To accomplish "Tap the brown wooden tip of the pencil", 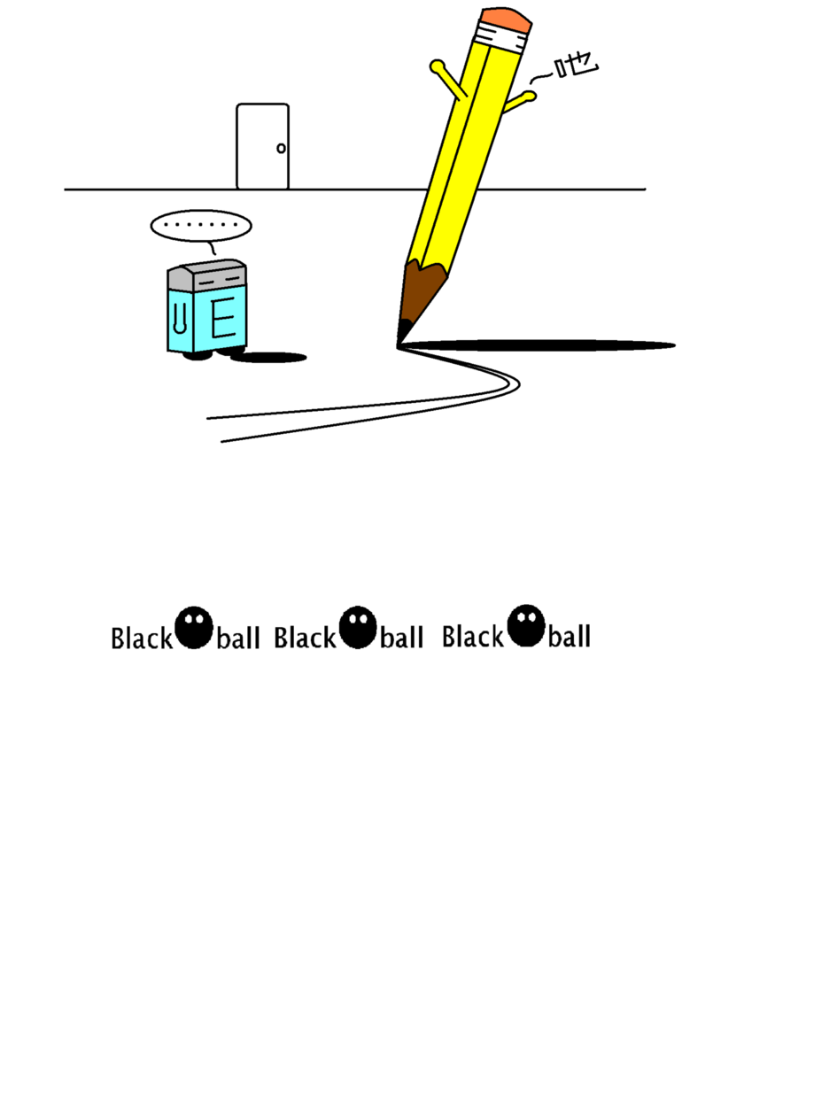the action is click(x=422, y=292).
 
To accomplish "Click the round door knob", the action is click(x=281, y=148).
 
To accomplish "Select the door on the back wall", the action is click(x=262, y=146).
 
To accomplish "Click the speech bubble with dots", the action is click(x=201, y=225).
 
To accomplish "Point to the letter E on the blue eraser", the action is click(x=223, y=317).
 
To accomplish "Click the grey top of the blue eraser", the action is click(x=207, y=275).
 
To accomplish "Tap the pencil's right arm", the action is click(x=520, y=102).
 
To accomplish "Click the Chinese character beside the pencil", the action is click(x=577, y=65).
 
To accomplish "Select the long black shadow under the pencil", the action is click(x=539, y=345).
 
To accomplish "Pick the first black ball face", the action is click(x=194, y=627).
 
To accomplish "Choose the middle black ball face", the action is click(x=358, y=627).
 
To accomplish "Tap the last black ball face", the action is click(x=526, y=625).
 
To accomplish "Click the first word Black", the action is click(x=142, y=638).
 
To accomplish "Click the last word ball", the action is click(x=570, y=636).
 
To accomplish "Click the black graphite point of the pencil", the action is click(x=403, y=333).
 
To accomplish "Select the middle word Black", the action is click(x=306, y=638).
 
